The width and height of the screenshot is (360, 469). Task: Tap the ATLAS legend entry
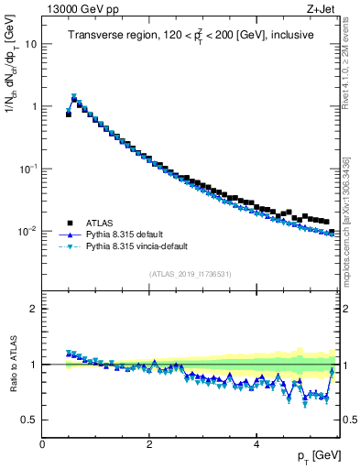point(99,222)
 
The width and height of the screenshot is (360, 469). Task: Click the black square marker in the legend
point(69,222)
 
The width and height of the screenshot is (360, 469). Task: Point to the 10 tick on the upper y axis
point(30,44)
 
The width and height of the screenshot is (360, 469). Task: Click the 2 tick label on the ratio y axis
point(33,309)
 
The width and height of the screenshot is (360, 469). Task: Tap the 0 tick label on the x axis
point(42,443)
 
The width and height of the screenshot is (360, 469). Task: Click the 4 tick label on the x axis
point(256,443)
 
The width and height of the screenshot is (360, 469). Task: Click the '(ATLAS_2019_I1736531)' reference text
point(190,273)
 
